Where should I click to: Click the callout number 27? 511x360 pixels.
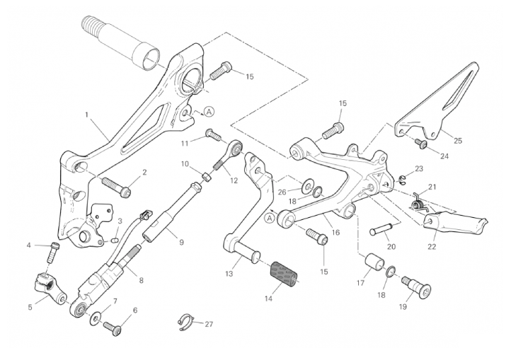click(208, 324)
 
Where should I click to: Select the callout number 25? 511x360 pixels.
click(457, 141)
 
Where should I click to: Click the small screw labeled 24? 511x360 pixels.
click(421, 144)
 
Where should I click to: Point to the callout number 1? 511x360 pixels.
click(87, 113)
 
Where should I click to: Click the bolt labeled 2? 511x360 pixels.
click(117, 185)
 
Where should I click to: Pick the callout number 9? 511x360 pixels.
click(181, 242)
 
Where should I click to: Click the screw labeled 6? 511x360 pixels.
click(113, 327)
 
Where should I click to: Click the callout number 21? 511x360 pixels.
click(432, 187)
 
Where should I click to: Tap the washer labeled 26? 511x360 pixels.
click(309, 187)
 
